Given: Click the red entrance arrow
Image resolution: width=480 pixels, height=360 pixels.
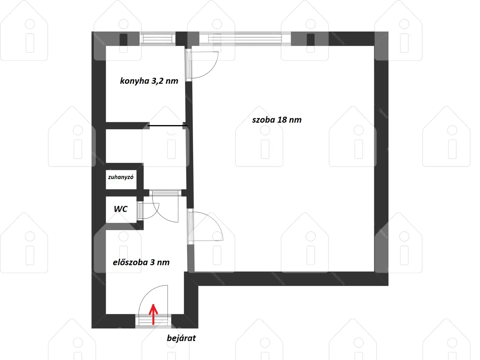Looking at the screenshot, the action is [153, 314].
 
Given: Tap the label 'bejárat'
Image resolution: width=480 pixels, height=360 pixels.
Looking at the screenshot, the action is [181, 338].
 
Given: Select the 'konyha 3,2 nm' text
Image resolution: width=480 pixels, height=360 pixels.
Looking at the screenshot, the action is [149, 81].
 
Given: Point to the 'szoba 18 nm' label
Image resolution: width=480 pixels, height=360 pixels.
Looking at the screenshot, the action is [277, 120].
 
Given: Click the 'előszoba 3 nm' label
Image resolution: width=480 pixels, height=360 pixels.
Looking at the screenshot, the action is [141, 262].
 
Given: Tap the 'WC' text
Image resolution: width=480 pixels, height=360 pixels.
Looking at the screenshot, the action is [121, 209].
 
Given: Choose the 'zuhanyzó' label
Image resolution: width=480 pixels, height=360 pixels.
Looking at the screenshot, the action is [121, 177].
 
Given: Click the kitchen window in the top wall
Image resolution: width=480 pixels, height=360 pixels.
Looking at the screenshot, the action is [157, 39].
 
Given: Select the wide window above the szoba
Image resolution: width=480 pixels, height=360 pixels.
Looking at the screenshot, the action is [245, 39].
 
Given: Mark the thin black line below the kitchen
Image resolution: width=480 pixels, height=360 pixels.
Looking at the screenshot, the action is [167, 126].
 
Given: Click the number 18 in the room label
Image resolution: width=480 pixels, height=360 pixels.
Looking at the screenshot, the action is [282, 120].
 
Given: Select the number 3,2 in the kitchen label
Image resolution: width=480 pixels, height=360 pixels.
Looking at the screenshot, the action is [157, 81].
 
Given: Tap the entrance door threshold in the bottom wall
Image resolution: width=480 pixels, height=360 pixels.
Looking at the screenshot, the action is [153, 321].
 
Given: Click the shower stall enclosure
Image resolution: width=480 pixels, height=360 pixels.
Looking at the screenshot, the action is [121, 179].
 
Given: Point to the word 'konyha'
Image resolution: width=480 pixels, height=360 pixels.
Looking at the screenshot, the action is [135, 81].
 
